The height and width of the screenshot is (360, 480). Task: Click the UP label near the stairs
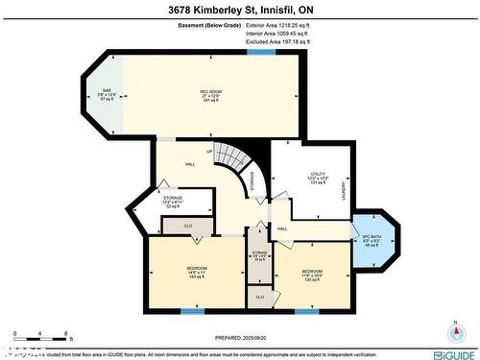(209, 152)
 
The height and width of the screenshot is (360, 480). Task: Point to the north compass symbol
(454, 332)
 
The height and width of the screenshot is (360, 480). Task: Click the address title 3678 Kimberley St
(239, 9)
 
